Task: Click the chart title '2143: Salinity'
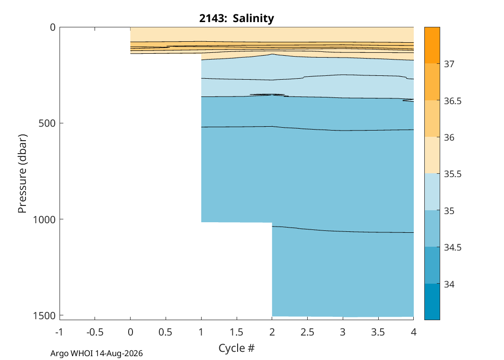(237, 18)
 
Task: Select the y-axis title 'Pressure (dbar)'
(22, 174)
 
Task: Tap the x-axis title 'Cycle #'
(237, 348)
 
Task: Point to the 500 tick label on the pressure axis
(47, 123)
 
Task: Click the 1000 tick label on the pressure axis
(44, 219)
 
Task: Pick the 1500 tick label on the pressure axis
(44, 316)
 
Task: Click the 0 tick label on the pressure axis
(53, 27)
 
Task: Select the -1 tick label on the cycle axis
(59, 332)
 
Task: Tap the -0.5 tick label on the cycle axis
(95, 332)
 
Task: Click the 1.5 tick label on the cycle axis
(237, 332)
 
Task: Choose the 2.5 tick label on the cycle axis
(308, 332)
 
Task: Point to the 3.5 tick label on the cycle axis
(378, 332)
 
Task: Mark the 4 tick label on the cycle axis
(414, 332)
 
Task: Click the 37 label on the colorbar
(449, 64)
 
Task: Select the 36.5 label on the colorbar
(453, 101)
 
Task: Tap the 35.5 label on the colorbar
(453, 174)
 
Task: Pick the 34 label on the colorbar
(449, 285)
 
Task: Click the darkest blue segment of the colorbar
(432, 301)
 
